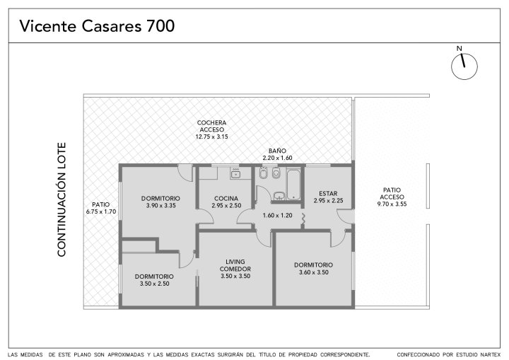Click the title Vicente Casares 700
pyautogui.click(x=97, y=26)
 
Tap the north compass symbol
pyautogui.click(x=464, y=66)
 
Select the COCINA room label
pyautogui.click(x=226, y=198)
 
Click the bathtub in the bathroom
pyautogui.click(x=293, y=184)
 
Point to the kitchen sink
pyautogui.click(x=235, y=174)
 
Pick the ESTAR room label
pyautogui.click(x=328, y=194)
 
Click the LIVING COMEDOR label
pyautogui.click(x=235, y=265)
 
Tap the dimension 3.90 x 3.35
pyautogui.click(x=160, y=205)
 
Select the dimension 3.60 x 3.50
pyautogui.click(x=314, y=272)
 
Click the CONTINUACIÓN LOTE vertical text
pyautogui.click(x=62, y=199)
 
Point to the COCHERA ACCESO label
pyautogui.click(x=211, y=126)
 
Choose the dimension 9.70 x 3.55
pyautogui.click(x=392, y=204)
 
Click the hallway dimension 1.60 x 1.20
pyautogui.click(x=278, y=215)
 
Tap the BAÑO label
pyautogui.click(x=278, y=151)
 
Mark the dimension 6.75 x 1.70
pyautogui.click(x=101, y=211)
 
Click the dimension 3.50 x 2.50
pyautogui.click(x=155, y=284)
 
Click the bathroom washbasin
pyautogui.click(x=279, y=196)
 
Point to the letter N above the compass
pyautogui.click(x=459, y=49)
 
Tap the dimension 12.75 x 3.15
pyautogui.click(x=211, y=137)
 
